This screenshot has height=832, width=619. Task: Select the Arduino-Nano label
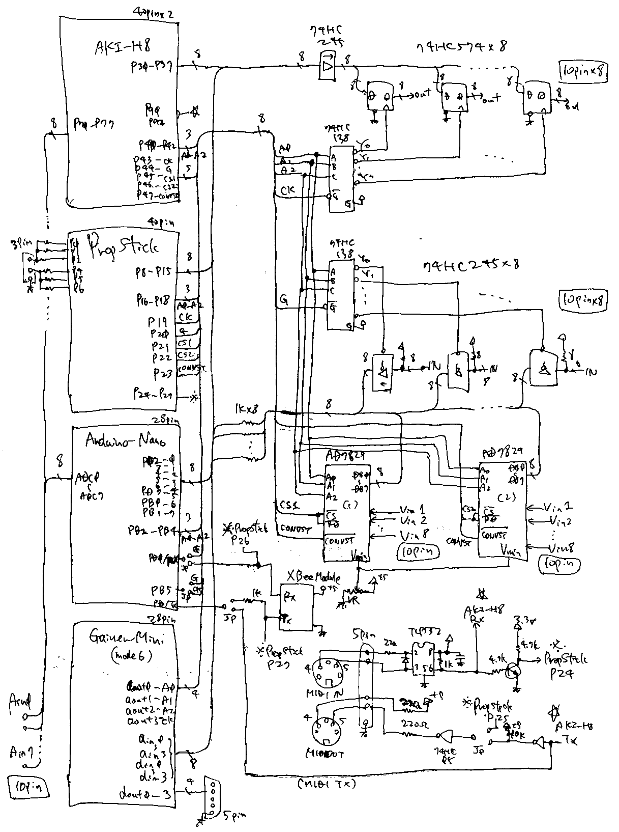click(125, 439)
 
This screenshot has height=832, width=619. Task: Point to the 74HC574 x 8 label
click(460, 47)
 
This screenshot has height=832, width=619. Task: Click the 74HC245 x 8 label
click(465, 266)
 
